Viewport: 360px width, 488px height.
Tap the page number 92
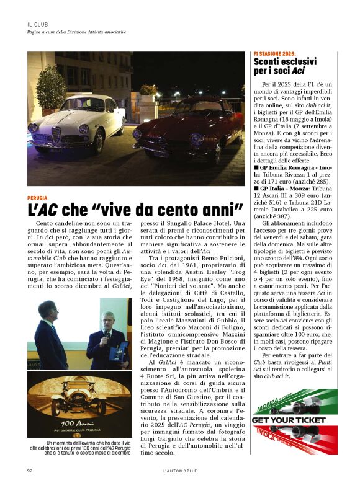click(29, 471)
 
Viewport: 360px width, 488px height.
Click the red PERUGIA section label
click(38, 198)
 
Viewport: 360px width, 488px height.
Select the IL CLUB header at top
click(38, 24)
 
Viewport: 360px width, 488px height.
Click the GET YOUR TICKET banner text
click(289, 420)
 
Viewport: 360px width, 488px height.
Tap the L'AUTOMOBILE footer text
click(176, 471)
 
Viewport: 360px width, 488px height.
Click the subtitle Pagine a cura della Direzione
click(76, 32)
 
